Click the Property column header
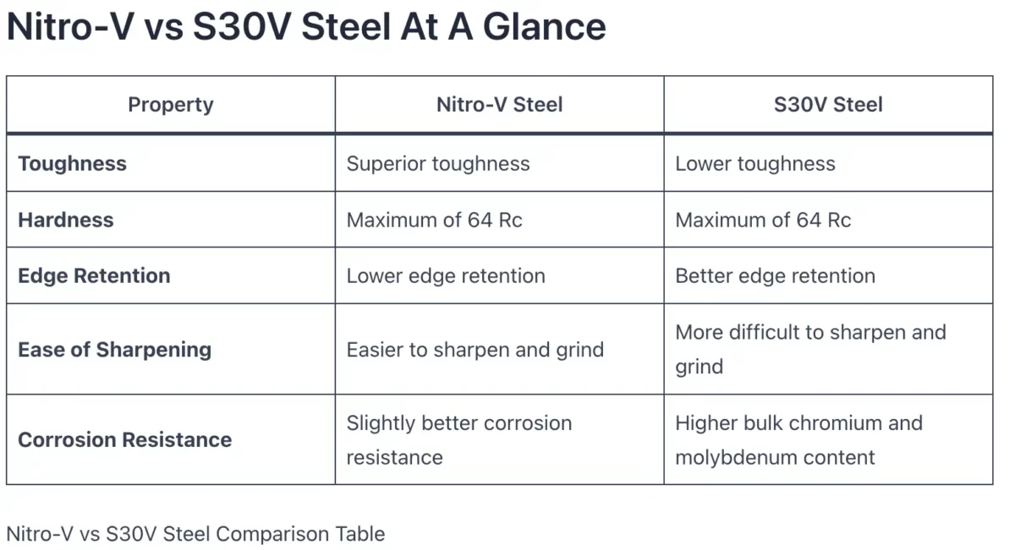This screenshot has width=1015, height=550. tap(170, 105)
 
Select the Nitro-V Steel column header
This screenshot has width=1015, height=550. tap(499, 105)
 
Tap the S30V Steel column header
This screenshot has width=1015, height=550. tap(828, 105)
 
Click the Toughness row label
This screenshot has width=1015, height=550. tap(72, 164)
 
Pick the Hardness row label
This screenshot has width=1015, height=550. tap(65, 220)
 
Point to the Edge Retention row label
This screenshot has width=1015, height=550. tap(94, 275)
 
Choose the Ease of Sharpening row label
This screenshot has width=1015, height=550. tap(114, 350)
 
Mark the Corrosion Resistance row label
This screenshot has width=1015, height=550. tap(124, 440)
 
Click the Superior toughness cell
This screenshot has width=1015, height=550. tap(438, 164)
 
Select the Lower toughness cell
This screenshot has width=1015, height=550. tap(754, 164)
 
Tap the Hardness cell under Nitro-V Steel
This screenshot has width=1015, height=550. tap(434, 220)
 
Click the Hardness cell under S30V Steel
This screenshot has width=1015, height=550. tap(763, 220)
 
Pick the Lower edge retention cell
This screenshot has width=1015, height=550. tap(446, 275)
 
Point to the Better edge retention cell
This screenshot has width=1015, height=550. tap(775, 275)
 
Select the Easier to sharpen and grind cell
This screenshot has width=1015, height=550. tap(475, 350)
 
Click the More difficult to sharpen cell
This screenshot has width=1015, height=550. tap(809, 349)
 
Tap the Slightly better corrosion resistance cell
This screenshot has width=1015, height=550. tap(458, 439)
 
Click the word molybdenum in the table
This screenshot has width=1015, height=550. tap(730, 458)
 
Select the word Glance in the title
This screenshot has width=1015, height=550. tap(545, 27)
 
